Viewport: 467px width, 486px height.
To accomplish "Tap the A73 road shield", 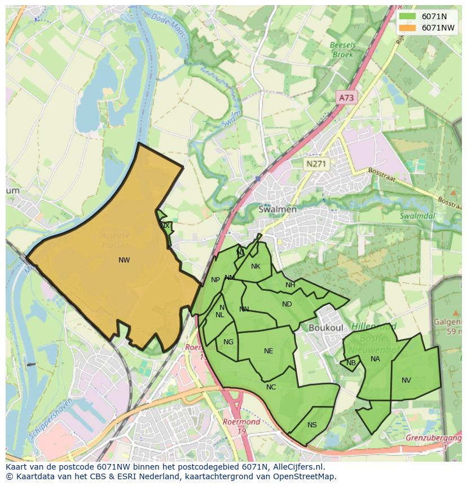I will click(346, 98).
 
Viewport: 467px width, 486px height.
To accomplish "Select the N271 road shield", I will click(316, 164).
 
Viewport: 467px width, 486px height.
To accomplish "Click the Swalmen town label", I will click(277, 209).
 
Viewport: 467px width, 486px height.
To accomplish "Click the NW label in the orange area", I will click(124, 260).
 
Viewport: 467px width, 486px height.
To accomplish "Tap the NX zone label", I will click(165, 226).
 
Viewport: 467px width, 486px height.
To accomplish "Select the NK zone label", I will click(255, 266).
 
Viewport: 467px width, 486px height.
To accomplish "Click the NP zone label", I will click(215, 280).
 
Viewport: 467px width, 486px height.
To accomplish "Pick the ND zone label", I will click(287, 304).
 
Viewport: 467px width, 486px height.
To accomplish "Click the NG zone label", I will click(228, 342).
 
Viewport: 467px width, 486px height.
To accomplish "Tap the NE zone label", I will click(268, 351).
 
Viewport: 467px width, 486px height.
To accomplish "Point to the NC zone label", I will click(271, 387).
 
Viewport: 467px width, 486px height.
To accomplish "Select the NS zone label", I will click(312, 425).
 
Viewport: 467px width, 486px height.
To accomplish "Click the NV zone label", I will click(406, 380).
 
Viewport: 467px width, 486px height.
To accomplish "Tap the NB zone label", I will click(351, 363).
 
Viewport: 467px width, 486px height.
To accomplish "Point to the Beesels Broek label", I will click(342, 50).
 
